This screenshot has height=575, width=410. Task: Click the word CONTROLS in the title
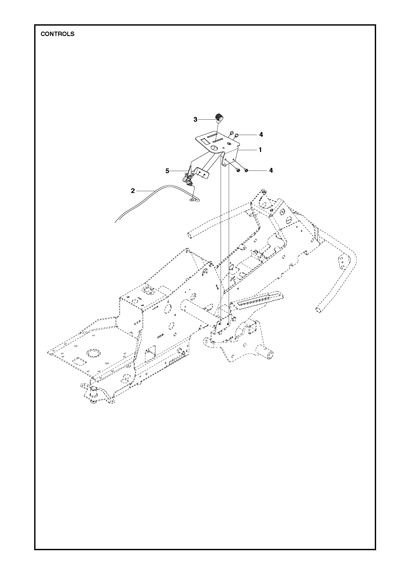pyautogui.click(x=57, y=34)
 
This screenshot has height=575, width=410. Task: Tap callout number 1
pyautogui.click(x=260, y=150)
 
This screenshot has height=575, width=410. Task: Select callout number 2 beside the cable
pyautogui.click(x=133, y=191)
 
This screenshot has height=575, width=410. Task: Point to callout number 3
pyautogui.click(x=195, y=120)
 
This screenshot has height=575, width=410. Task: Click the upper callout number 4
pyautogui.click(x=261, y=134)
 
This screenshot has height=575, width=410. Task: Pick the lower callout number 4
pyautogui.click(x=271, y=170)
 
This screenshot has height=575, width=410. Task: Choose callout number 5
pyautogui.click(x=167, y=171)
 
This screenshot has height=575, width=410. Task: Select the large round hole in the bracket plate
pyautogui.click(x=214, y=148)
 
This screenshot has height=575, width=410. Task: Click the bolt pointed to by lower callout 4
pyautogui.click(x=246, y=171)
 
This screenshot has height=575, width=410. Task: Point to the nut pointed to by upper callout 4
pyautogui.click(x=237, y=135)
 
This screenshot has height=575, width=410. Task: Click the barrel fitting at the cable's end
pyautogui.click(x=193, y=200)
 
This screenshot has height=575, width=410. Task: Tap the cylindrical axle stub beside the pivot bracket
pyautogui.click(x=269, y=354)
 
